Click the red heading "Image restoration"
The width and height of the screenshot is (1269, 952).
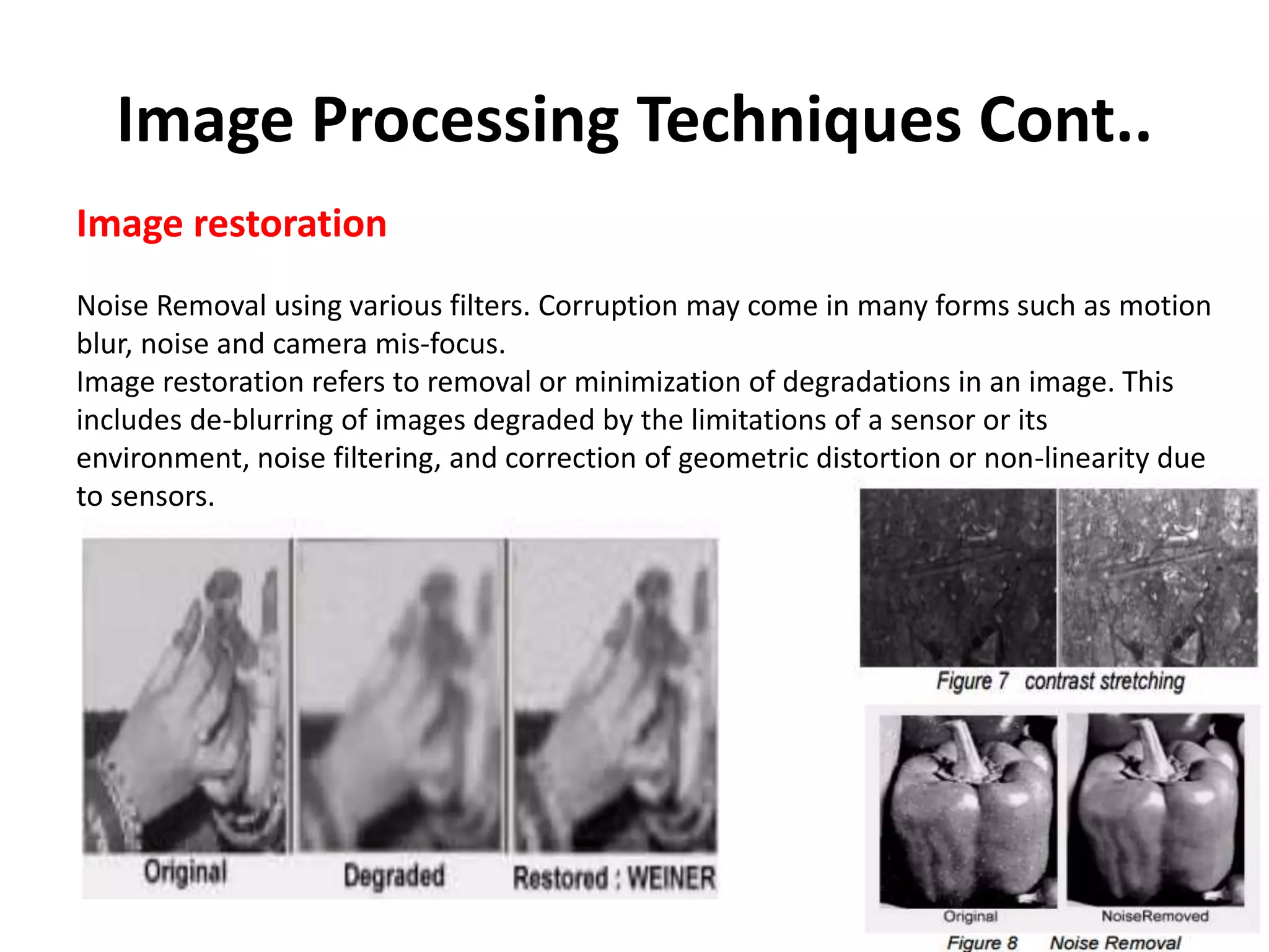231,224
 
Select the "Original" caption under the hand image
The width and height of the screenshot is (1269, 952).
185,872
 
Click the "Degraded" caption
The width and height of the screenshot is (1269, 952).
394,876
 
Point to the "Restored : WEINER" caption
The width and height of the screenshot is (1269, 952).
614,878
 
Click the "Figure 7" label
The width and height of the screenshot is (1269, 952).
972,681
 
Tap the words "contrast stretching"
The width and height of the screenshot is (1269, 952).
1104,681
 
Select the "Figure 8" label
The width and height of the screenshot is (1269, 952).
981,942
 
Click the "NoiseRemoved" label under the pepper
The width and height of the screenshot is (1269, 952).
1154,916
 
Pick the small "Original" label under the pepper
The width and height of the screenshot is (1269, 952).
970,916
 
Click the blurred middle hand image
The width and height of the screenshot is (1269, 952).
400,694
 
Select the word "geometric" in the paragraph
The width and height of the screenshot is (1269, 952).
743,459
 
